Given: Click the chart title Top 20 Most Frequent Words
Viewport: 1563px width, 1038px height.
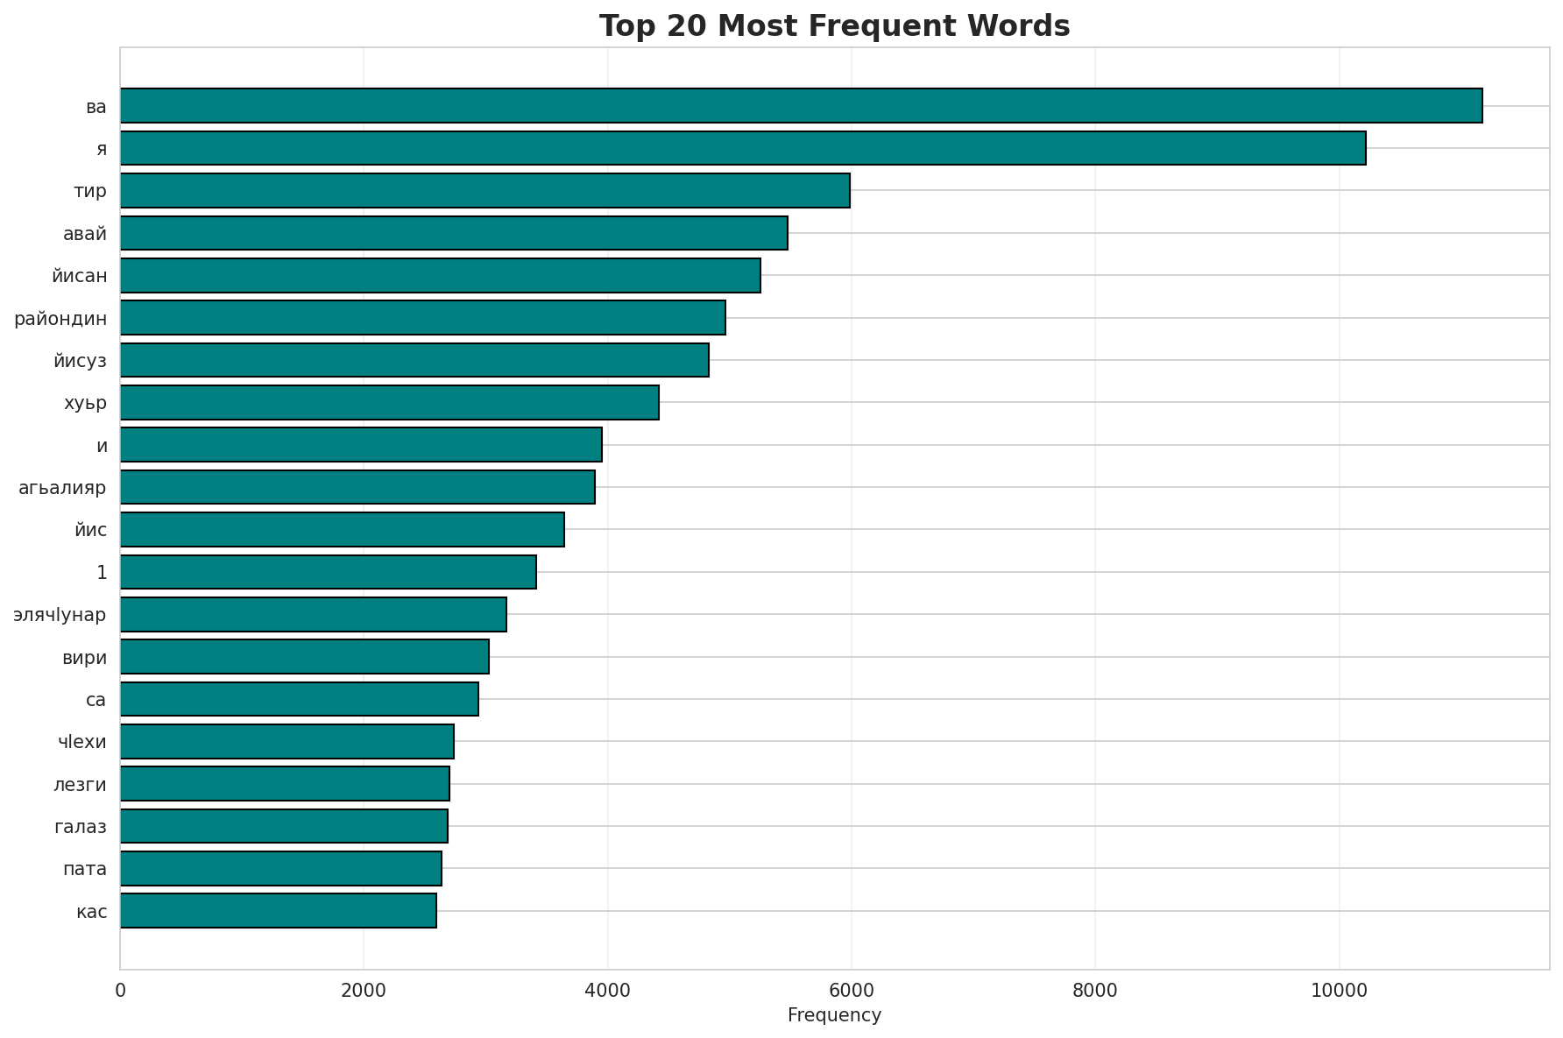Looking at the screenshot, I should pos(834,26).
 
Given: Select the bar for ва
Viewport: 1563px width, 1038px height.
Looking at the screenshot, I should pos(801,106).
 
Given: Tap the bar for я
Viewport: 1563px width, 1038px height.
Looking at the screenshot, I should pos(743,148).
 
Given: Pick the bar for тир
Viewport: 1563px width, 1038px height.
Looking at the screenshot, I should pos(484,190).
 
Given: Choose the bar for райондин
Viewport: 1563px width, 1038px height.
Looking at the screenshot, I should pos(422,318).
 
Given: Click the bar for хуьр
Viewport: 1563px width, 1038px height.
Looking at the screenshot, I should pos(389,402).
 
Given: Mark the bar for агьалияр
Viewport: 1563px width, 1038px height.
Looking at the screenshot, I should pos(357,487).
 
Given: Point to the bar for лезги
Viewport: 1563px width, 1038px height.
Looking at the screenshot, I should pos(285,784).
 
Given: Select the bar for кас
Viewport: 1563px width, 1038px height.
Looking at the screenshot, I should pos(278,911).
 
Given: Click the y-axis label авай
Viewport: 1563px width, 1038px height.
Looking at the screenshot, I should pos(85,234).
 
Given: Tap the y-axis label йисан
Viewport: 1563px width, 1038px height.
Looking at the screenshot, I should pos(80,276).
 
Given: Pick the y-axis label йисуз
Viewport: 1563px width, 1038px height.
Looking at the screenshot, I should pos(80,360).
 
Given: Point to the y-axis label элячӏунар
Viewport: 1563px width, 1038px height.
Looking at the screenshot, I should pos(60,615).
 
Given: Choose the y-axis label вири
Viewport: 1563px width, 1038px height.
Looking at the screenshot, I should pos(85,657).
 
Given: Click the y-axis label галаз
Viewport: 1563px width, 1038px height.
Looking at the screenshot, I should pos(81,827).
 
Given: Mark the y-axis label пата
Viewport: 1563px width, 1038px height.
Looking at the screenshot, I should pos(85,869).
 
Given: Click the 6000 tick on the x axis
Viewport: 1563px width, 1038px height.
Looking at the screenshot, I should pos(851,991).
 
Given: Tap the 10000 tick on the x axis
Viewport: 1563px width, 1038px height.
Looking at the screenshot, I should pos(1338,991).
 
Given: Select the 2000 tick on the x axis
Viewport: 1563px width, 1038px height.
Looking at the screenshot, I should pos(364,991).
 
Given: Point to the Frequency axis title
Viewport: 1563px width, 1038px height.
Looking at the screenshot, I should pos(834,1015).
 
